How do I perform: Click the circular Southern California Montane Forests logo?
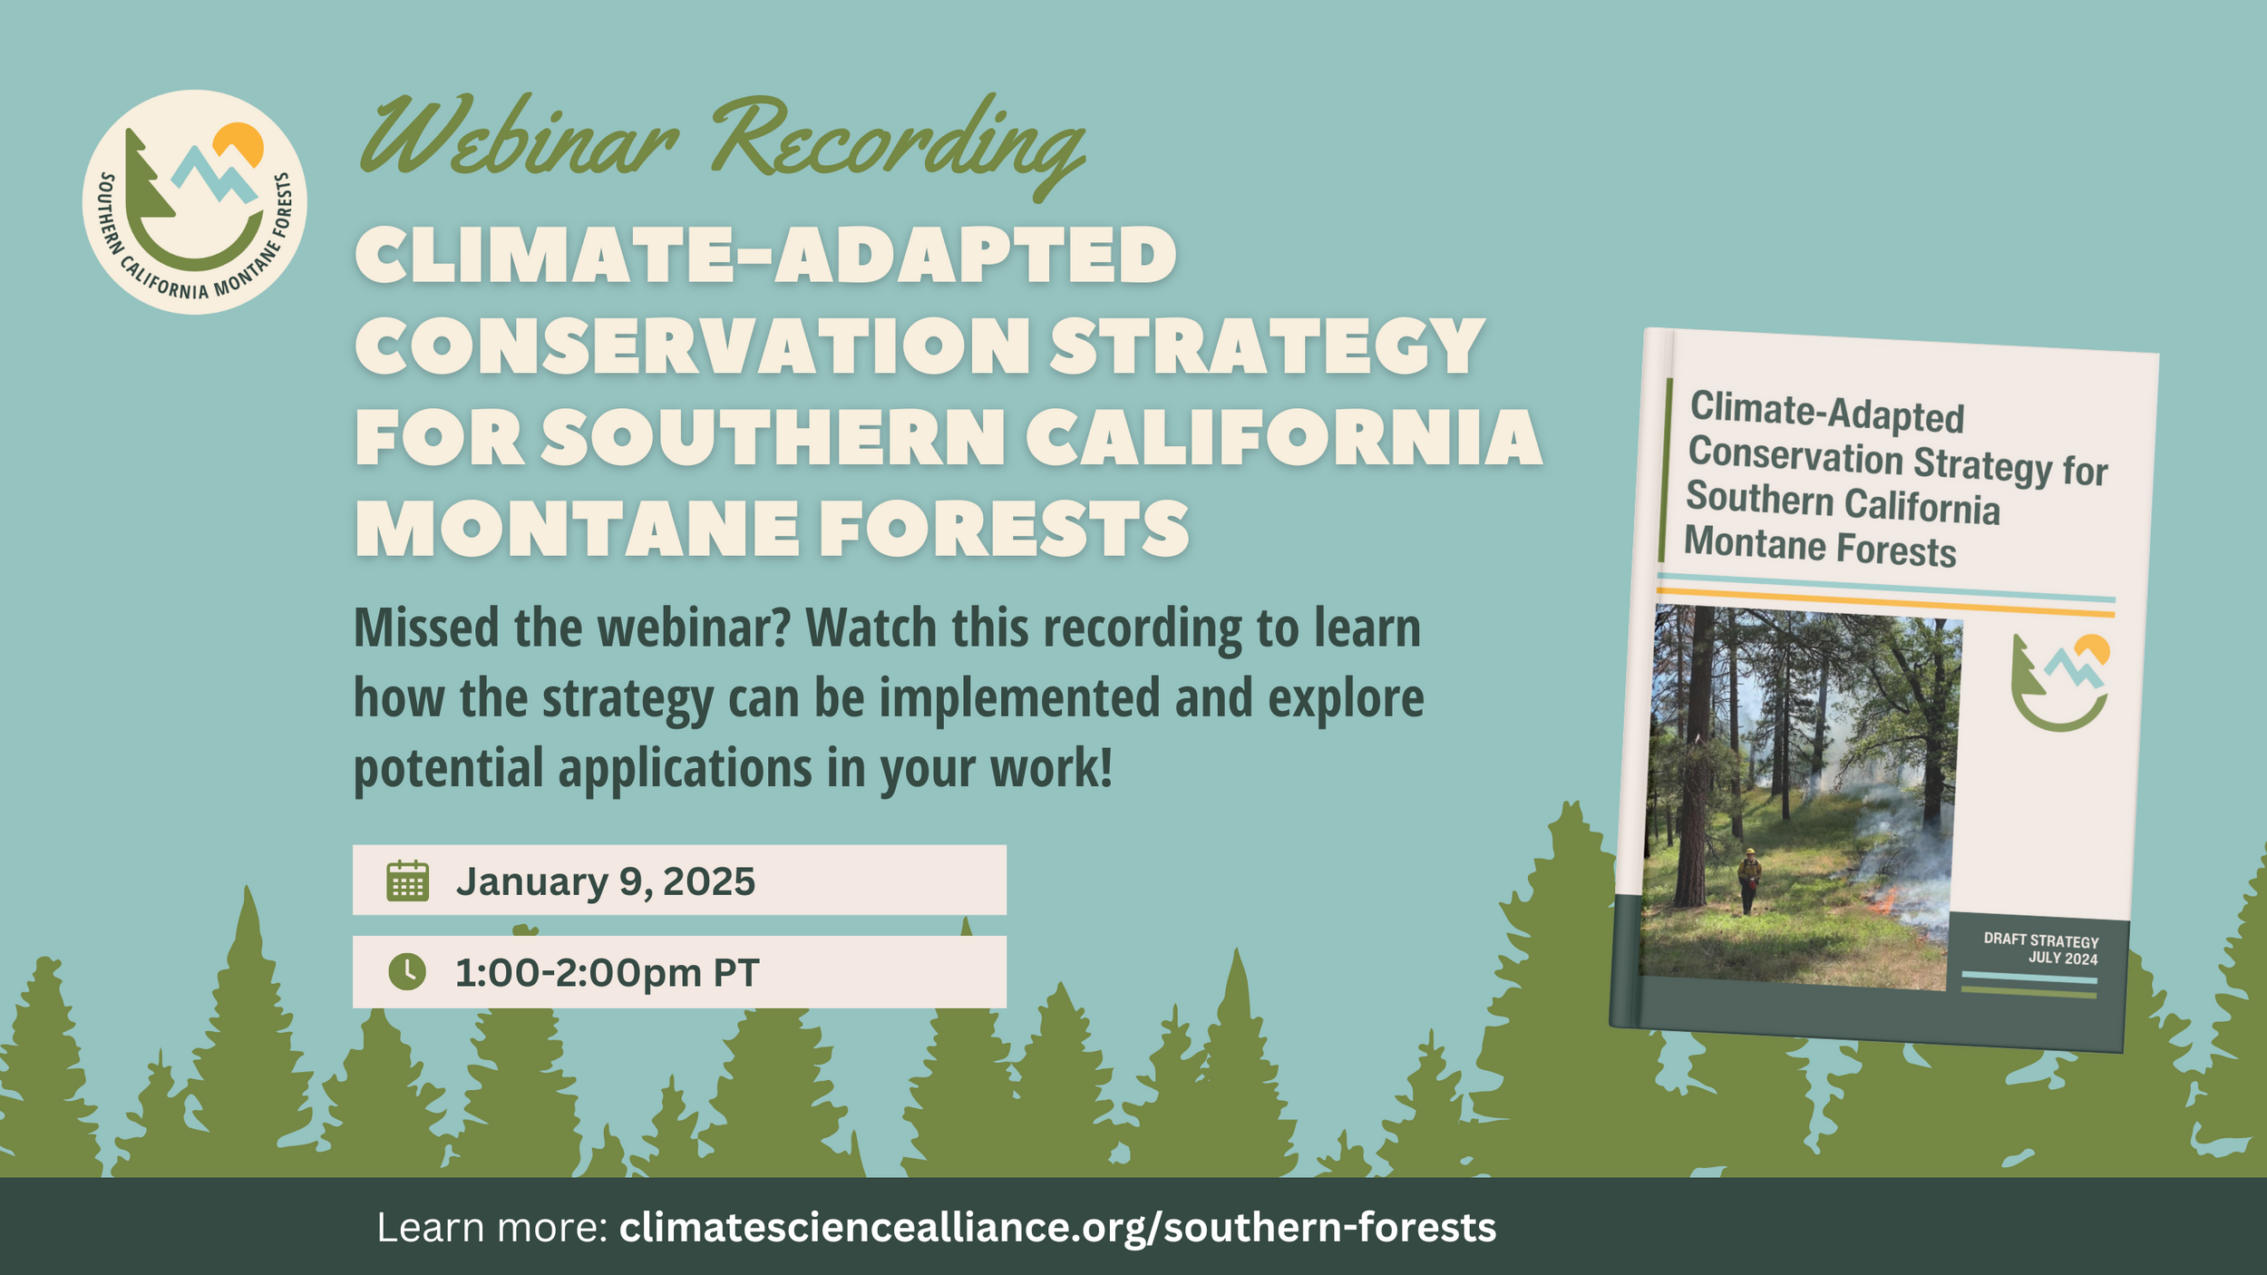[194, 201]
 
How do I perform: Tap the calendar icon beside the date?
[407, 881]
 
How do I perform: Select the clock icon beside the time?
[407, 972]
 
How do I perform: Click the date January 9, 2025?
[605, 881]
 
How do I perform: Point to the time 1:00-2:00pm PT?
[607, 973]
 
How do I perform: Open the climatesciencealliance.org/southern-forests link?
[1057, 1228]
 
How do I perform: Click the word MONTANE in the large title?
[578, 529]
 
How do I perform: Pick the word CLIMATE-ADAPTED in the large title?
[765, 255]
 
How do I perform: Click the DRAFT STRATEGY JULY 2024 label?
[2040, 949]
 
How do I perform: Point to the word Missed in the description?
[426, 628]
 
